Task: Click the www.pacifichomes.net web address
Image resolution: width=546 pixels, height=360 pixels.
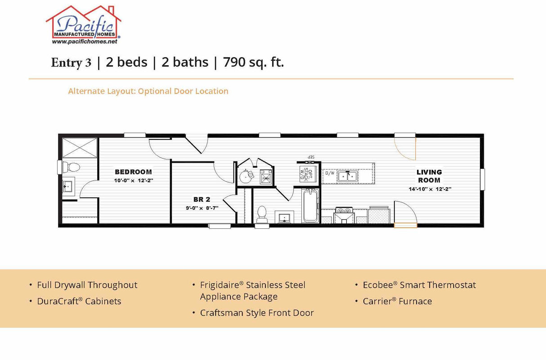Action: coord(85,41)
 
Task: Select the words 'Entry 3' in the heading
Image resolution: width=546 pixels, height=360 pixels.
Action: coord(71,62)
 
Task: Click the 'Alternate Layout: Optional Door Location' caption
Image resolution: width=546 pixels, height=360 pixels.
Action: coord(148,91)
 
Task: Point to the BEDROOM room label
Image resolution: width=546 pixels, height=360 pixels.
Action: coord(133,172)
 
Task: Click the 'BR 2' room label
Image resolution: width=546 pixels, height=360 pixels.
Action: coord(202,199)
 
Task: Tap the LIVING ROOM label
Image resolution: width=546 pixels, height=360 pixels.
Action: coord(429,176)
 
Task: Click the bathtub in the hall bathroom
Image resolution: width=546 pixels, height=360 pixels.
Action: coord(311,206)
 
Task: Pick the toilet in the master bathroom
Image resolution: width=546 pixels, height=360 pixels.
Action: coord(72,167)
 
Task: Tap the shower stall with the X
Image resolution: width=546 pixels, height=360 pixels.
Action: coord(80,148)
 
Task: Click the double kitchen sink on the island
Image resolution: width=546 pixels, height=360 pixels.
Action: coord(348,176)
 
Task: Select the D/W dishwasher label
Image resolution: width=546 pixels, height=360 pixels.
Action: coord(330,173)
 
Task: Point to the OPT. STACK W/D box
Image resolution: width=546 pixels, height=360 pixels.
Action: coord(309,173)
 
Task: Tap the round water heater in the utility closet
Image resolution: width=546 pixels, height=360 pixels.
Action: coord(246,176)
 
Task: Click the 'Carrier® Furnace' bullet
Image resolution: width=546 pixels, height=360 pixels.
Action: coord(397,301)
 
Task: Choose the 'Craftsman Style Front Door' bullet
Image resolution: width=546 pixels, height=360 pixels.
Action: coord(257,313)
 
